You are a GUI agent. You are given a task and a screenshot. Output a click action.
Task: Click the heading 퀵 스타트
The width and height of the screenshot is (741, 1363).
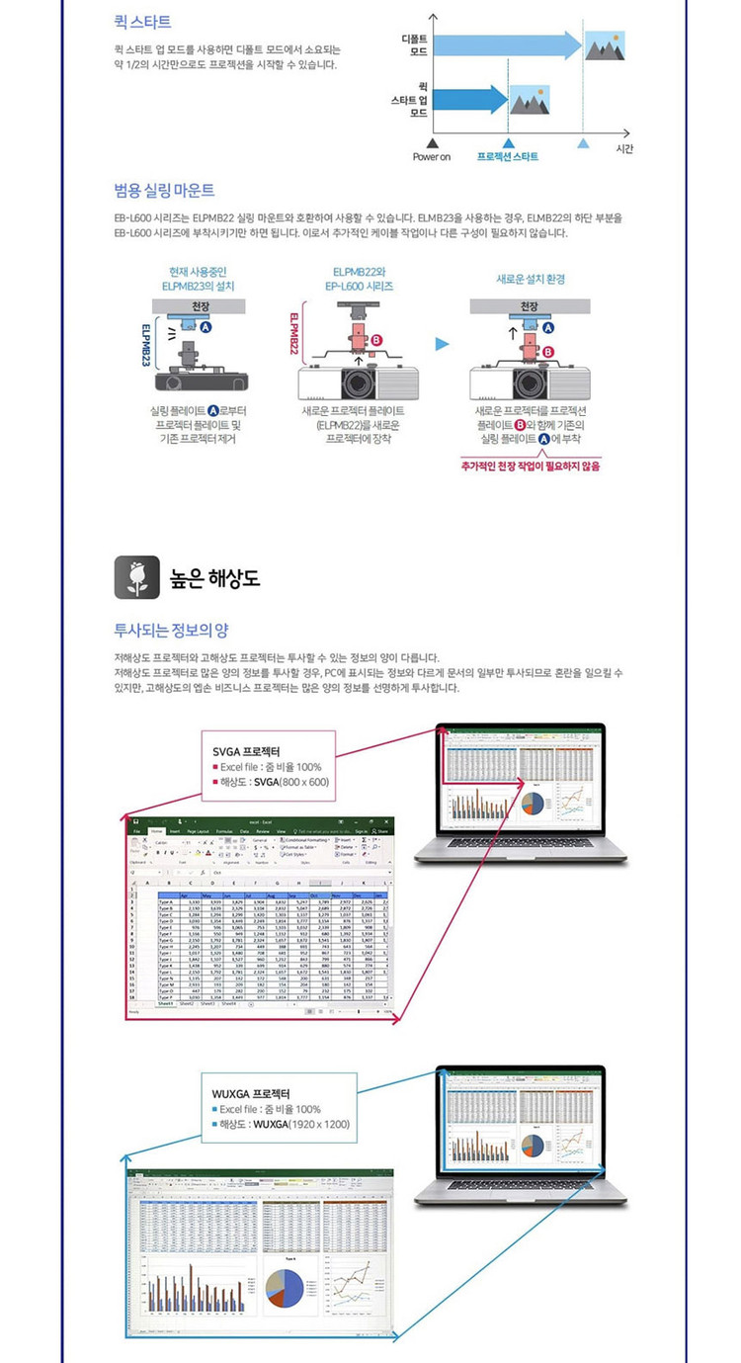(x=142, y=21)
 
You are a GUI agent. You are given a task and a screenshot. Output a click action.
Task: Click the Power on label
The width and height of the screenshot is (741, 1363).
(x=432, y=156)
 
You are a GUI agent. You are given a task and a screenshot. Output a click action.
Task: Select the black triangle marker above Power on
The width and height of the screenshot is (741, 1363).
(x=432, y=142)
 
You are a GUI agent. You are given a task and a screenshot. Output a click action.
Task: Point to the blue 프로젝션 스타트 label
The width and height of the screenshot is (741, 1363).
(x=508, y=156)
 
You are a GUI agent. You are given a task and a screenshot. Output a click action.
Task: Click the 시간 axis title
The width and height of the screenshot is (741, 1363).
(x=623, y=148)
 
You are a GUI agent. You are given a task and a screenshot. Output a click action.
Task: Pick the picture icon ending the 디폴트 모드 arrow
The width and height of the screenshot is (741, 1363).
(x=605, y=44)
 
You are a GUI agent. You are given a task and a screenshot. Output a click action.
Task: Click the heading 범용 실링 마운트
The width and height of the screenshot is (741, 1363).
(x=164, y=190)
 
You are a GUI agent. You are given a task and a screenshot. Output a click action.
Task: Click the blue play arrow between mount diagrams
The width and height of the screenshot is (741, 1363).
(x=444, y=343)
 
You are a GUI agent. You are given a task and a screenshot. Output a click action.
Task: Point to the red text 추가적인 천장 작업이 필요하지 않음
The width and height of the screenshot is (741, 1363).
(x=530, y=465)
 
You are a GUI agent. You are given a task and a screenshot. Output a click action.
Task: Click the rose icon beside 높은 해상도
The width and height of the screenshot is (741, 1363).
(x=135, y=577)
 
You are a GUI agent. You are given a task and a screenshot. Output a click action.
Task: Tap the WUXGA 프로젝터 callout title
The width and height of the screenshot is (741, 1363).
(x=251, y=1093)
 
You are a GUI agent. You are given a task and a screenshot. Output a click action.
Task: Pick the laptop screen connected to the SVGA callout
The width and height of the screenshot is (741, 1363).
(x=521, y=779)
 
